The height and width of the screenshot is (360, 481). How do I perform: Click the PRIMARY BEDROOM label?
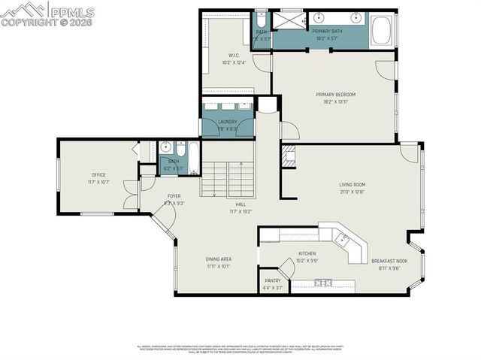[x=335, y=94]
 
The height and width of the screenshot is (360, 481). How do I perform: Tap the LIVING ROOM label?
[x=352, y=184]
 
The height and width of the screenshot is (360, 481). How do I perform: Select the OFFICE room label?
[x=98, y=175]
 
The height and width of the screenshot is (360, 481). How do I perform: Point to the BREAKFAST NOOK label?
[x=388, y=261]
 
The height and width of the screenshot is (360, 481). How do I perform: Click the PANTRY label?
[x=272, y=280]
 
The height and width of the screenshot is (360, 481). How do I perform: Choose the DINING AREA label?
[x=219, y=259]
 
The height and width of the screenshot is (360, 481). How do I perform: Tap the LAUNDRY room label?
[x=227, y=122]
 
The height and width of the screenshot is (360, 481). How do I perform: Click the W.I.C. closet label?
[x=230, y=56]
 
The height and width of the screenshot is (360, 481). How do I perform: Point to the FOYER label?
[x=174, y=196]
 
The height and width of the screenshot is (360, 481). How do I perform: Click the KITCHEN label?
[x=307, y=253]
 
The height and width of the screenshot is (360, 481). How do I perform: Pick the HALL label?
[x=240, y=204]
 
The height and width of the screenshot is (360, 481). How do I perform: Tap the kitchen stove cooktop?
[x=324, y=283]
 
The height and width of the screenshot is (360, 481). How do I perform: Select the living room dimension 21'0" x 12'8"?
[x=352, y=192]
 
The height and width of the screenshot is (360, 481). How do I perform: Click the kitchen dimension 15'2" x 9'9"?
[x=307, y=261]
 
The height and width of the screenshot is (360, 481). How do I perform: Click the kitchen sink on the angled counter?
[x=343, y=240]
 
